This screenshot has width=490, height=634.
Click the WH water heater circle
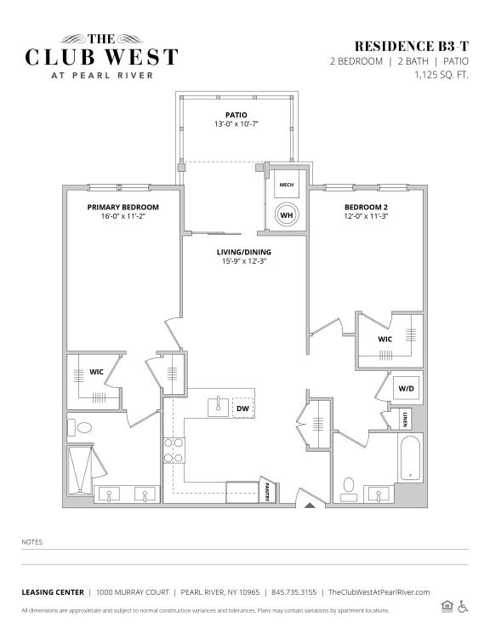pos(287,215)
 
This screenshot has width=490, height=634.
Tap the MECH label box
pos(286,184)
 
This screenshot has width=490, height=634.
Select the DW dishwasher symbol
pos(242,408)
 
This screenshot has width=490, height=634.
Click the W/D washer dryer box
pos(405,389)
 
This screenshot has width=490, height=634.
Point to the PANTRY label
pos(268,492)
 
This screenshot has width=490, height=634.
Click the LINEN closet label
pos(406,419)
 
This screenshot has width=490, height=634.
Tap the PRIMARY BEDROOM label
pos(122,207)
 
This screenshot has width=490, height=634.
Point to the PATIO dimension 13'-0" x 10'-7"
pos(236,123)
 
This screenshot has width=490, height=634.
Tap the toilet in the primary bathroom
pos(84,428)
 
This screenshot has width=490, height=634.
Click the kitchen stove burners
pos(174,450)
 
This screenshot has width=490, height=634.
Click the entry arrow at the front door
pos(310,505)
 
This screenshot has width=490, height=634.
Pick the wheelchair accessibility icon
pos(463,606)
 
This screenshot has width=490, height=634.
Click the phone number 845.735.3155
pos(294,592)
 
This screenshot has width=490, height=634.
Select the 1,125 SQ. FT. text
pos(441,75)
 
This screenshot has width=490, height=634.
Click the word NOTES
pos(32,541)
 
